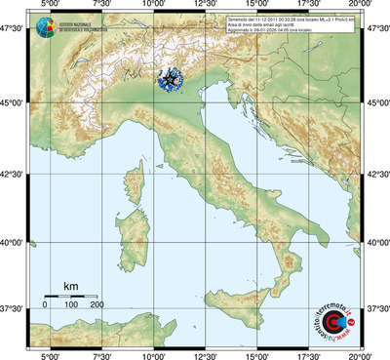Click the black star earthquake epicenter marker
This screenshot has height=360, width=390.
click(173, 81)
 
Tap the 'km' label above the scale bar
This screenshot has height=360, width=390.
click(70, 286)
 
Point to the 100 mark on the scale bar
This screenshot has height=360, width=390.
click(71, 305)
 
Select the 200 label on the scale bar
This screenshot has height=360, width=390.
click(97, 305)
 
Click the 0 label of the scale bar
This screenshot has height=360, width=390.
click(45, 305)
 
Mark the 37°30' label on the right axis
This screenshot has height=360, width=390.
click(378, 308)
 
